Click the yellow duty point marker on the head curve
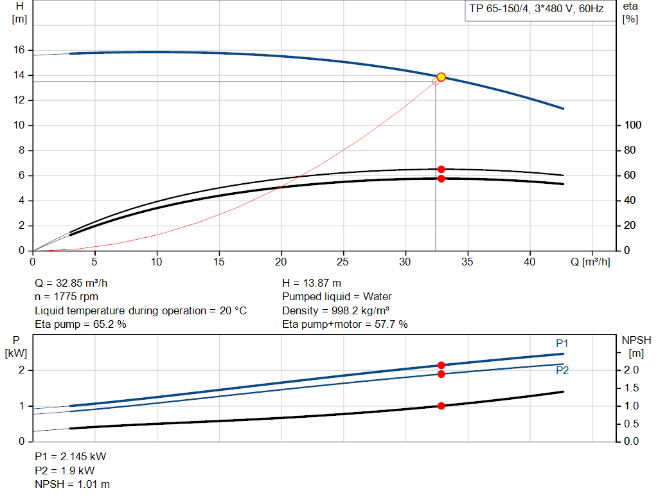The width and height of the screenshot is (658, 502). coord(441,77)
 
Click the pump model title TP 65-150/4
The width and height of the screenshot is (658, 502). coord(535,10)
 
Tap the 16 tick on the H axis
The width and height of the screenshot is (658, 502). coord(19,50)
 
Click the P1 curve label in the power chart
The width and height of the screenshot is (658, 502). coord(562,344)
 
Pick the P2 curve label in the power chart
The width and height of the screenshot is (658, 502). coord(562,370)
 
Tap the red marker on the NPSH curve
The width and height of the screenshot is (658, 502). coord(441,406)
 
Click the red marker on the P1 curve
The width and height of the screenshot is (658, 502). coord(441,365)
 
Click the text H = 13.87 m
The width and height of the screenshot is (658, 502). coord(312,283)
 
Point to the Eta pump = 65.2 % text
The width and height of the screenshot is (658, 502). coord(80,325)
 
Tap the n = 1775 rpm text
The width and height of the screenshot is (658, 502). coord(67,297)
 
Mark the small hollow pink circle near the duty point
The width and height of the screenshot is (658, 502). coord(435,82)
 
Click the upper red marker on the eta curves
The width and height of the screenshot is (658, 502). coord(441,169)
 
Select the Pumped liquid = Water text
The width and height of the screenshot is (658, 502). coord(337,297)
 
